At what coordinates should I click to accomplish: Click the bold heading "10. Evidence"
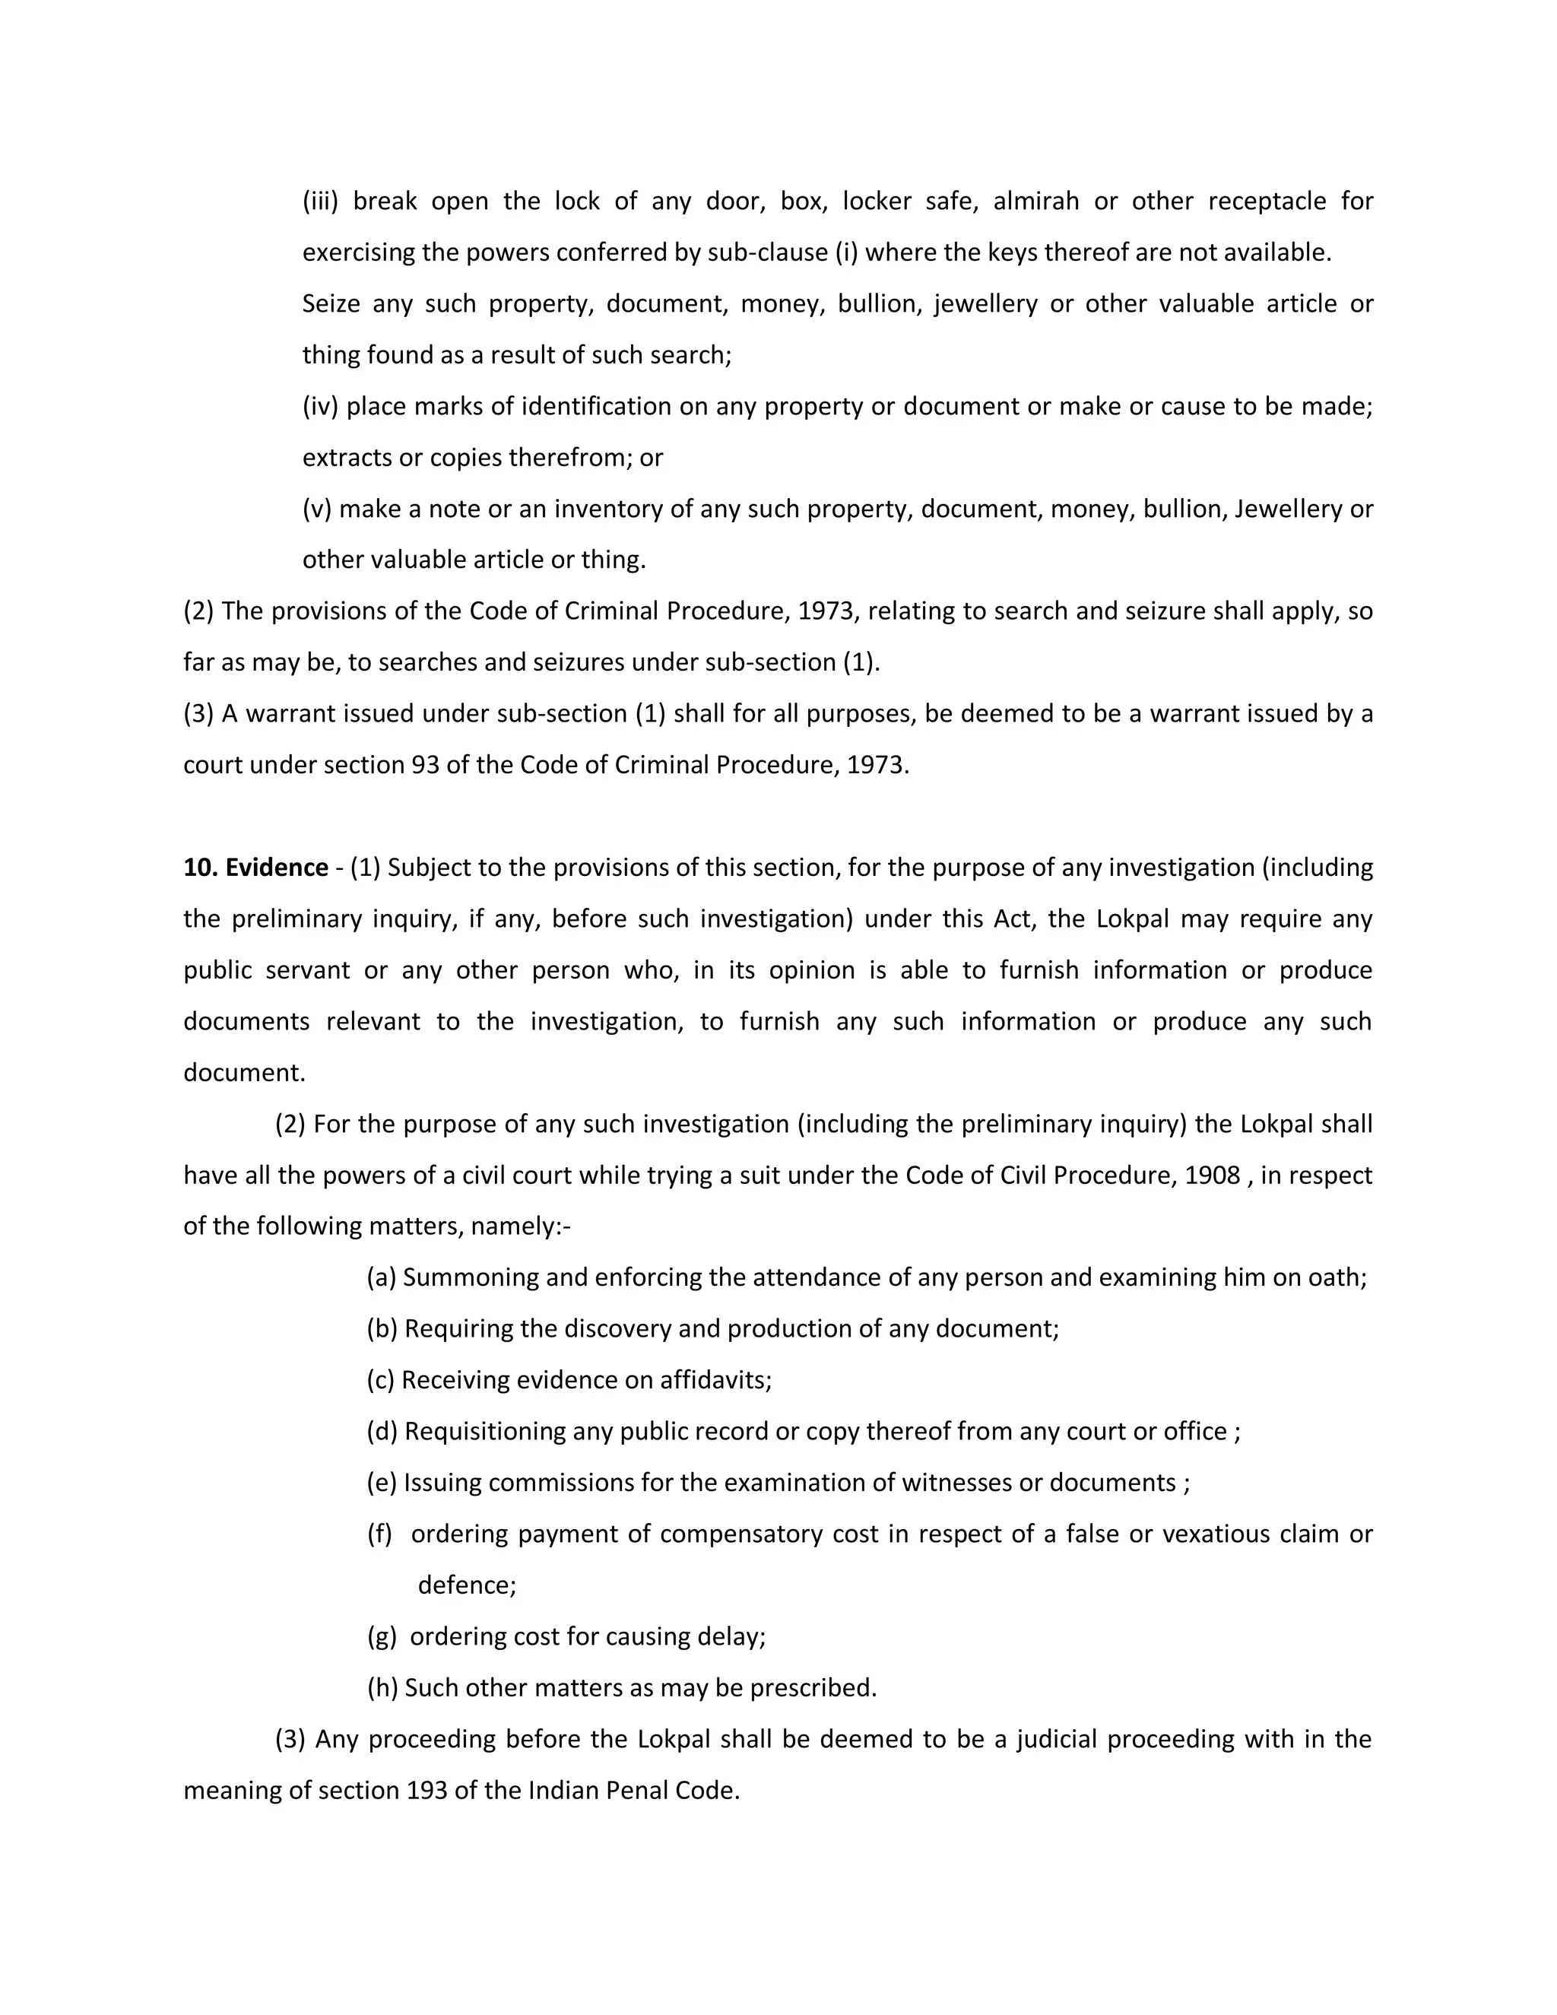coord(255,868)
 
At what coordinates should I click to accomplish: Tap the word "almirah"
coord(1036,201)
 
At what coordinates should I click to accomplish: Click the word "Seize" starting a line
coord(331,304)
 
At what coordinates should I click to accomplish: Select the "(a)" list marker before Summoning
coord(382,1278)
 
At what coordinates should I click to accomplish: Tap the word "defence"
coord(464,1585)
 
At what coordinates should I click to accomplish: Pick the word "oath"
coord(1333,1278)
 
